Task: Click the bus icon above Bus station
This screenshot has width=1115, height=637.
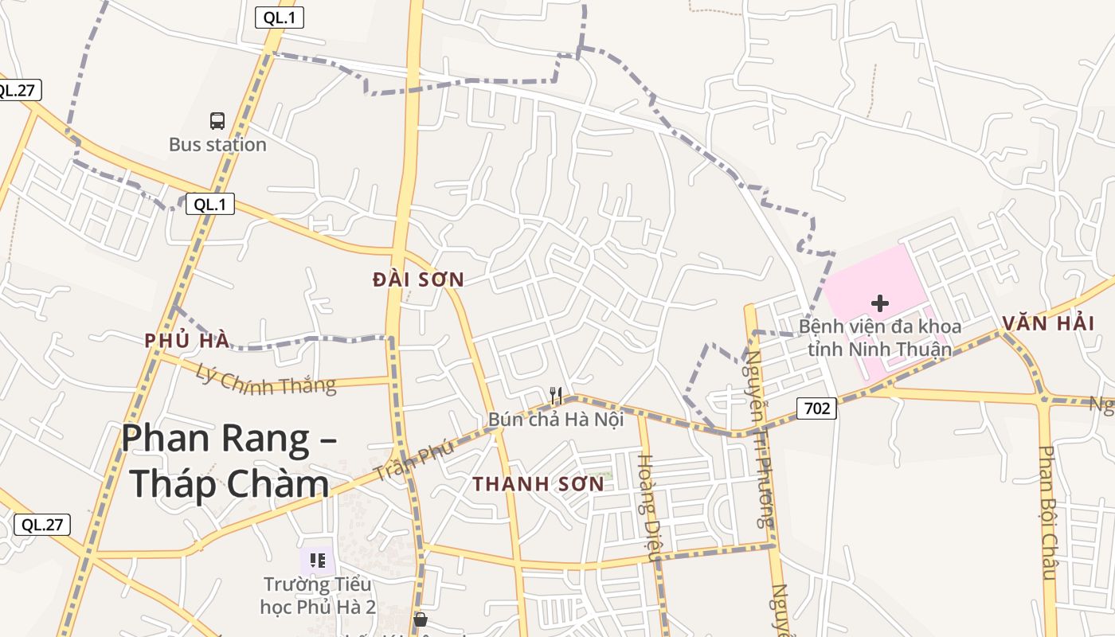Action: (217, 121)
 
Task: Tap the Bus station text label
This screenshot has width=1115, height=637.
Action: (217, 145)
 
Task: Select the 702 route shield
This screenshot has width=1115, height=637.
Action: (816, 409)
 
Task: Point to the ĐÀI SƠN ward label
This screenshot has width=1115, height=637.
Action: (418, 279)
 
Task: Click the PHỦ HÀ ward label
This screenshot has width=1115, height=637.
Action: (187, 341)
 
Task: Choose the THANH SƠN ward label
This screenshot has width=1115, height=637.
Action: (538, 483)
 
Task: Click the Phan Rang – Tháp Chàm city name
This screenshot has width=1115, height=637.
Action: (229, 461)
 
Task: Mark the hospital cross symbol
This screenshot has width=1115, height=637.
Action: (880, 303)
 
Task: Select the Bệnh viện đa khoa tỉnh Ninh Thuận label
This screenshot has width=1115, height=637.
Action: (880, 338)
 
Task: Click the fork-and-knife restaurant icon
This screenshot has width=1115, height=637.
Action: (556, 395)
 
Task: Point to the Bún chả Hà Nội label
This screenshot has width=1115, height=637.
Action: (556, 419)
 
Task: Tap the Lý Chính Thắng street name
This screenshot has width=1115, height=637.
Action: (266, 379)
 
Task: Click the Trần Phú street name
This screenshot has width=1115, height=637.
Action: (415, 460)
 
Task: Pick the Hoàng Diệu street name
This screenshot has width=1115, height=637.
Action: (647, 508)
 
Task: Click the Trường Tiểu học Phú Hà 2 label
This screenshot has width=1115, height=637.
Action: (318, 595)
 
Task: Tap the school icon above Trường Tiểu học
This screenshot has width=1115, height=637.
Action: (318, 561)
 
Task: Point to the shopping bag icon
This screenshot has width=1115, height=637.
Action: (420, 619)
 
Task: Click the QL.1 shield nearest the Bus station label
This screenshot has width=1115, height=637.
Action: (210, 204)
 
